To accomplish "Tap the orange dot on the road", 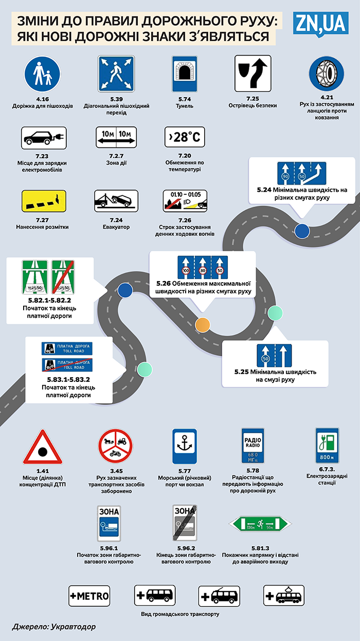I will (203, 324).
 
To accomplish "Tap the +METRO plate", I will (89, 596).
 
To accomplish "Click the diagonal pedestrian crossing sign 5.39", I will (116, 74).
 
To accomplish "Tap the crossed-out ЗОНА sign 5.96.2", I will (184, 523).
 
